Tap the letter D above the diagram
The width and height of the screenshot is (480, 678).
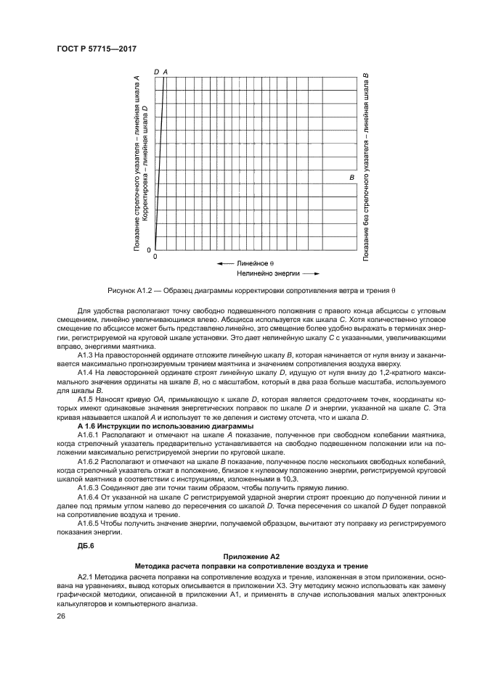(x=157, y=72)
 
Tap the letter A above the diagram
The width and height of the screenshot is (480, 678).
(x=166, y=72)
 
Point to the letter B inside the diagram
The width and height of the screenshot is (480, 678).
(x=351, y=178)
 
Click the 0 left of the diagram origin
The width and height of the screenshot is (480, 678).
(x=150, y=249)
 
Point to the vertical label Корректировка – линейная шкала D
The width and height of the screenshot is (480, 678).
(x=145, y=162)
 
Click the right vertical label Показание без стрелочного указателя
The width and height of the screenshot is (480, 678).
(x=366, y=167)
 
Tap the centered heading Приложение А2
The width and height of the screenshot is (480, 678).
(x=240, y=555)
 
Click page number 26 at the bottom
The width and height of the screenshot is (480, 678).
(x=61, y=616)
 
